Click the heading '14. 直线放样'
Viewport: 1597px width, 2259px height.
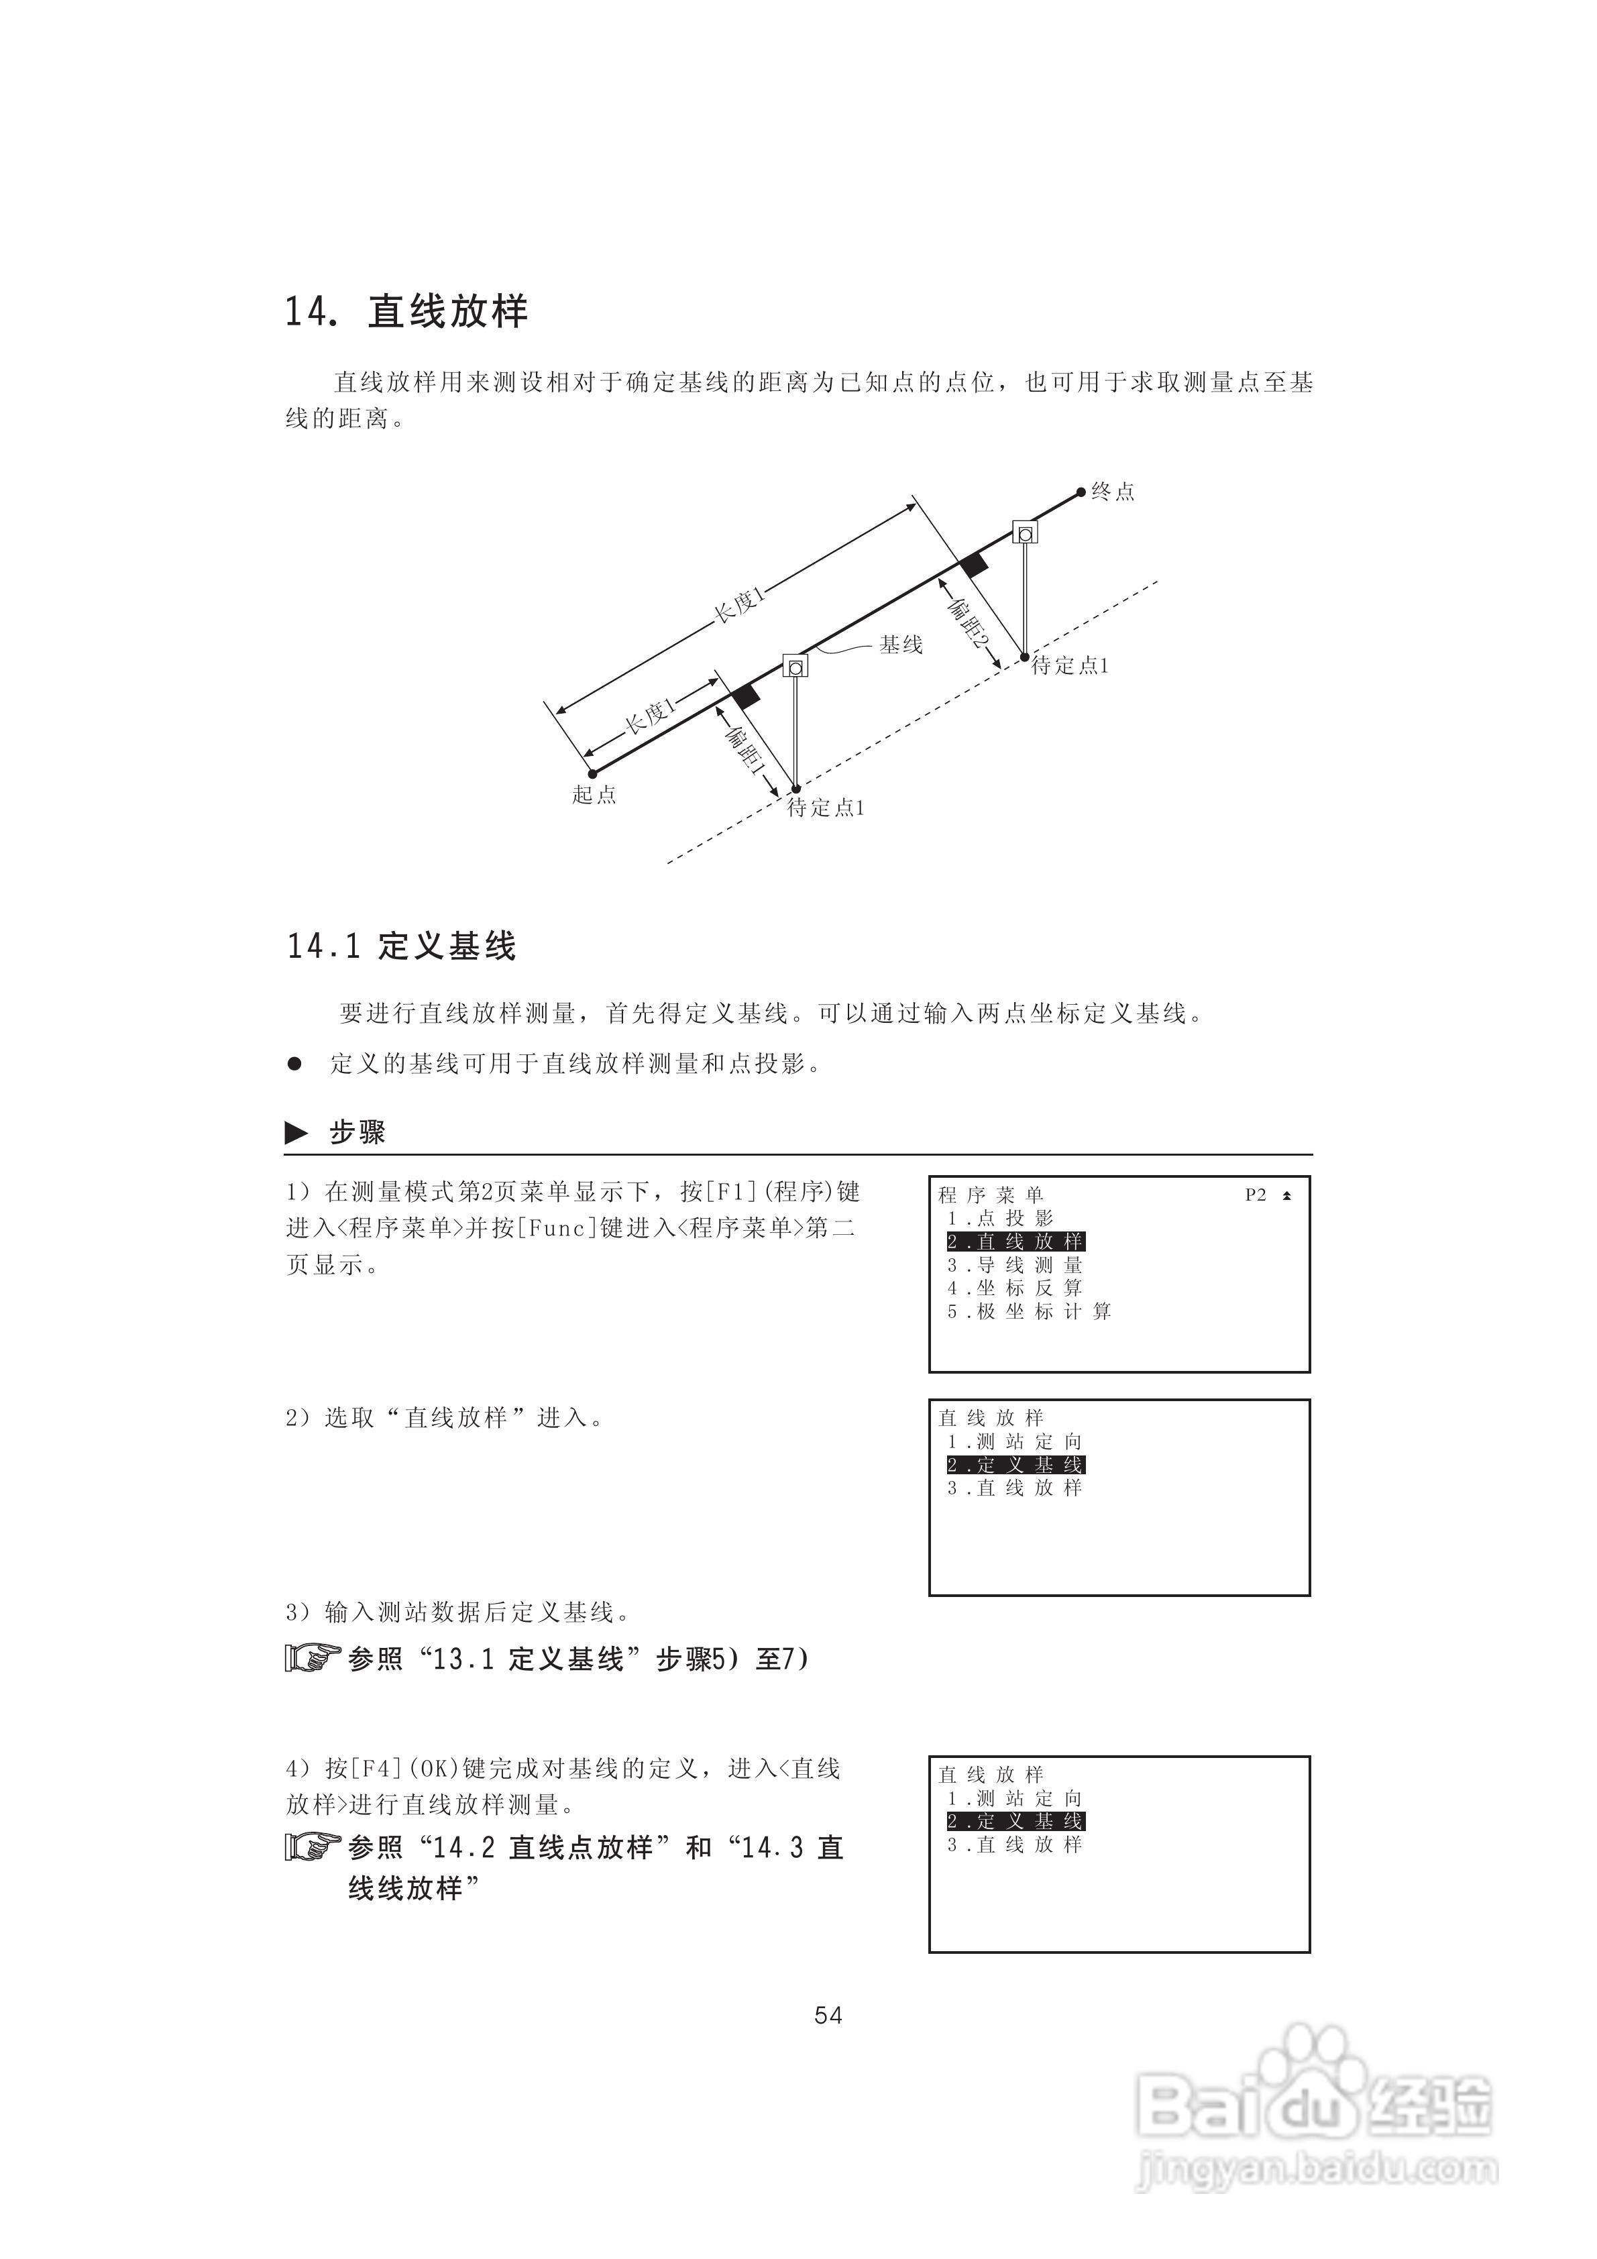pos(406,312)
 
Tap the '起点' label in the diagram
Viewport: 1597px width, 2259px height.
pos(594,795)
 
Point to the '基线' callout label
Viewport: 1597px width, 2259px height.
pos(900,645)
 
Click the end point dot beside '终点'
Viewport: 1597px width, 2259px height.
pos(1081,492)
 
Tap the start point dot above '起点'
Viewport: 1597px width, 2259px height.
pos(592,774)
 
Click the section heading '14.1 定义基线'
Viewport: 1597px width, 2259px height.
pos(402,946)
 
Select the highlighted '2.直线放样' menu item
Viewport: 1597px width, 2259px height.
pos(1015,1242)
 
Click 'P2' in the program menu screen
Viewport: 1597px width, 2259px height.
pos(1256,1195)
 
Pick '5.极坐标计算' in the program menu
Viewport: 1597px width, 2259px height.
pos(1030,1311)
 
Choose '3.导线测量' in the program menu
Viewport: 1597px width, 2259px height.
pos(1015,1265)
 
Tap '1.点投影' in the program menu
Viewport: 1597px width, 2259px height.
pos(1001,1218)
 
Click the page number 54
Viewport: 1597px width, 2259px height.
pos(828,2015)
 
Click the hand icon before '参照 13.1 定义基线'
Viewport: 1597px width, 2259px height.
pos(312,1659)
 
